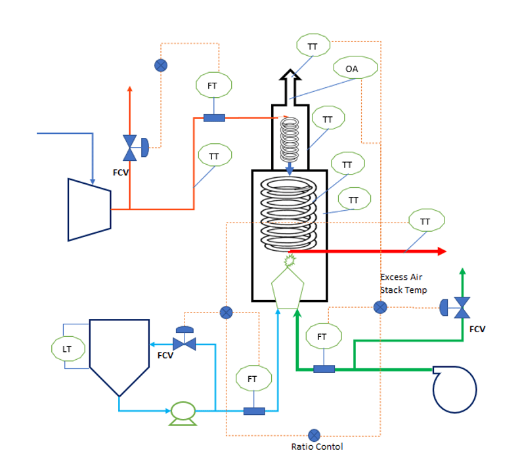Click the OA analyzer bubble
pyautogui.click(x=356, y=68)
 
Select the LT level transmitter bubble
pyautogui.click(x=68, y=349)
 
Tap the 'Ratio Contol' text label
pyautogui.click(x=317, y=447)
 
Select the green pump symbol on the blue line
pyautogui.click(x=183, y=412)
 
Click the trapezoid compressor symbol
pyautogui.click(x=89, y=209)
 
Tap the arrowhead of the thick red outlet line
pyautogui.click(x=441, y=251)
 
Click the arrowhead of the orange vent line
pyautogui.click(x=130, y=91)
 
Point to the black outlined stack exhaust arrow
pyautogui.click(x=290, y=85)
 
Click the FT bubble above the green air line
pyautogui.click(x=322, y=336)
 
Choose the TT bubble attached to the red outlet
pyautogui.click(x=425, y=222)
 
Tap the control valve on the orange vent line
pyautogui.click(x=132, y=148)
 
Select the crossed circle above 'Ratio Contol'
pyautogui.click(x=314, y=435)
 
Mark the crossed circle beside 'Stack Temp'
pyautogui.click(x=379, y=307)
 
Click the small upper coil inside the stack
pyautogui.click(x=290, y=139)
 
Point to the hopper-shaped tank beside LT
pyautogui.click(x=119, y=355)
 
